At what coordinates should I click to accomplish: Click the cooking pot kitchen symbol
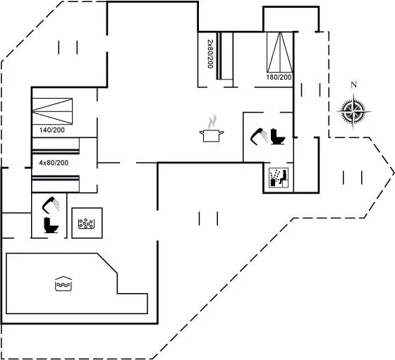point(212,135)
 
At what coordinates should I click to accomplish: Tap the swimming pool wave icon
point(63,283)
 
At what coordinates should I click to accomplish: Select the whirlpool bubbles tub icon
point(86,223)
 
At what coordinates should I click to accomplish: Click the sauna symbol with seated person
point(279,178)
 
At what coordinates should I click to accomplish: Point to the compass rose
point(353,111)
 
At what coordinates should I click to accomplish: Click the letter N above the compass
point(353,85)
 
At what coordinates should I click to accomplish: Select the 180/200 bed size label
point(279,77)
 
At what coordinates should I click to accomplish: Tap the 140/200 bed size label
point(52,130)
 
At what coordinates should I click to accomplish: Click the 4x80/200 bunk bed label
point(54,163)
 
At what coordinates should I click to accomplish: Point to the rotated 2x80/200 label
point(210,54)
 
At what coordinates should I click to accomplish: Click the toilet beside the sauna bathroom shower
point(278,137)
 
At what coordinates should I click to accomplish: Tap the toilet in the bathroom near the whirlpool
point(51,225)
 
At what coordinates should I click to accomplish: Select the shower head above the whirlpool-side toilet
point(51,204)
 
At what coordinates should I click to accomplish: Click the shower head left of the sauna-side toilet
point(259,137)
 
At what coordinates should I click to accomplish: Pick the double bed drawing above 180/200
point(280,52)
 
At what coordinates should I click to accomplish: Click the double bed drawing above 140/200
point(52,111)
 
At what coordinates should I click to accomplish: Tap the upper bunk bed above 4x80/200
point(56,146)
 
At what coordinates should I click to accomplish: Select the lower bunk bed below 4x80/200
point(56,184)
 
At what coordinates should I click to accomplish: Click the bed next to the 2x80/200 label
point(225,56)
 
